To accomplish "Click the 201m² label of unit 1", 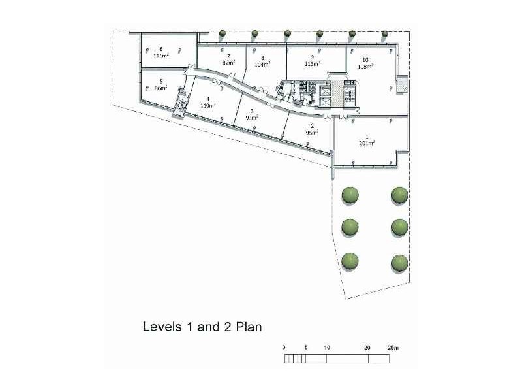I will pyautogui.click(x=366, y=143).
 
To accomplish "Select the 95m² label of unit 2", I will pyautogui.click(x=312, y=133).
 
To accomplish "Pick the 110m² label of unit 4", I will pyautogui.click(x=207, y=105).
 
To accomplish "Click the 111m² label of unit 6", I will pyautogui.click(x=161, y=56).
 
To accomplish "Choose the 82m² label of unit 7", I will pyautogui.click(x=228, y=63).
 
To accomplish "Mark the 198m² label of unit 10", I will pyautogui.click(x=365, y=66).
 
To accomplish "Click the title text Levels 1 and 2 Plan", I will pyautogui.click(x=202, y=326).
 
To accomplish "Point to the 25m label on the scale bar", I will pyautogui.click(x=393, y=347).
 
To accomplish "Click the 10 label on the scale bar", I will pyautogui.click(x=327, y=347).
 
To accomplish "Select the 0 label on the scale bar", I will pyautogui.click(x=284, y=347).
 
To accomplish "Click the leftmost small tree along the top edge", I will pyautogui.click(x=223, y=33).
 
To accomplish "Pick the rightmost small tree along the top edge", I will pyautogui.click(x=385, y=33).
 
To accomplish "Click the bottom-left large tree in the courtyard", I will pyautogui.click(x=350, y=260).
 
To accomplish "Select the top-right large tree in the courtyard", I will pyautogui.click(x=399, y=195).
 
